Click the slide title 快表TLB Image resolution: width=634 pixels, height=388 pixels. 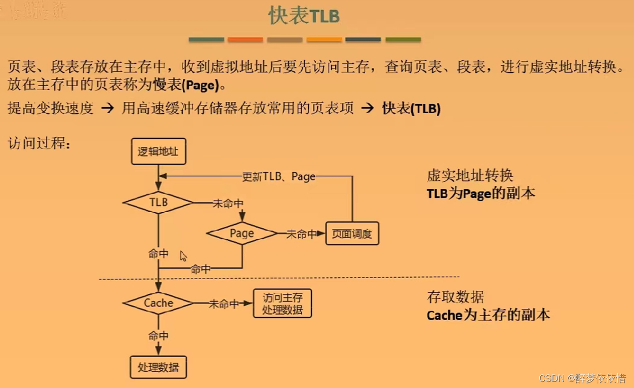304,16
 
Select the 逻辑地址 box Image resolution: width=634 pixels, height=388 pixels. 158,151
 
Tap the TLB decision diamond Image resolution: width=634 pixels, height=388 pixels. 158,203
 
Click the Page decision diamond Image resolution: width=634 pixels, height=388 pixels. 242,234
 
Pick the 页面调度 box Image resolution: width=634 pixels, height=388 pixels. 352,234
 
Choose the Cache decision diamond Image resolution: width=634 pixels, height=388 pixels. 158,303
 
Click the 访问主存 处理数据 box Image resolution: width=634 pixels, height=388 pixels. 282,303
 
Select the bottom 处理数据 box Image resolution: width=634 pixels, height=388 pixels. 158,367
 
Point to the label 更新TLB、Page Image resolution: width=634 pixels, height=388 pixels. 279,176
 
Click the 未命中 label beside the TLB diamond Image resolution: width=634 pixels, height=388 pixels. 228,203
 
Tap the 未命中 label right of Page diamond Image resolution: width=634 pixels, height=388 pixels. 302,234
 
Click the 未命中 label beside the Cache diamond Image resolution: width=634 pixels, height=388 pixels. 224,304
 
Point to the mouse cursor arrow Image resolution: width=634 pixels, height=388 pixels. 183,255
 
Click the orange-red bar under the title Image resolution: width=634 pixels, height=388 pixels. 245,40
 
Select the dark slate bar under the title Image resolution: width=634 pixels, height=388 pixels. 363,40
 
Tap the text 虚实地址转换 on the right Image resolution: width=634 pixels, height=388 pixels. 470,176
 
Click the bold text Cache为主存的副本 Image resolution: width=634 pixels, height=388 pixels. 488,315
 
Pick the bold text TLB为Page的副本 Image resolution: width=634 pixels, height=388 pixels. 481,193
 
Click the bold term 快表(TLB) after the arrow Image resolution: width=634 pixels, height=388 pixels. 411,108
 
